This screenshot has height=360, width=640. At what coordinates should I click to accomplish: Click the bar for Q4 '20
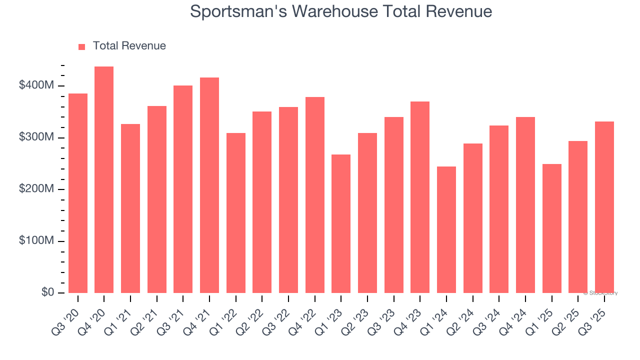[104, 179]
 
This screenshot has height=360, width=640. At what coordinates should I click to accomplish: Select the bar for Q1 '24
[446, 229]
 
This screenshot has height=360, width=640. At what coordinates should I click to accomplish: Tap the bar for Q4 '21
[209, 185]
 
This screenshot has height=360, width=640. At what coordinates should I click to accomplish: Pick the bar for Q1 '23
[341, 223]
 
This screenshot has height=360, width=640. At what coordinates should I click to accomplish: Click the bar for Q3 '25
[604, 207]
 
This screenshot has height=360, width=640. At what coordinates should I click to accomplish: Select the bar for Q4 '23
[420, 197]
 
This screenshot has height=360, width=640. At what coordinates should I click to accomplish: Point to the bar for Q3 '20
[78, 193]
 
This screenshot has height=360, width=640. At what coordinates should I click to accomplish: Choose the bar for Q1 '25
[551, 228]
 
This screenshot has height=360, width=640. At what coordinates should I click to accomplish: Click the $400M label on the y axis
[36, 86]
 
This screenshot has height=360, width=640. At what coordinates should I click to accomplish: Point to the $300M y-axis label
[36, 137]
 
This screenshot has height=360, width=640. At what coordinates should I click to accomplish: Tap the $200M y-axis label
[36, 189]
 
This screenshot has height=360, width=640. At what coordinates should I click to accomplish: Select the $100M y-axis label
[36, 241]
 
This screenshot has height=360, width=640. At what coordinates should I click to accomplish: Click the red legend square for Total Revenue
[82, 46]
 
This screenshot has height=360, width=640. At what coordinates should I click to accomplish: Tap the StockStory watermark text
[601, 293]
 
